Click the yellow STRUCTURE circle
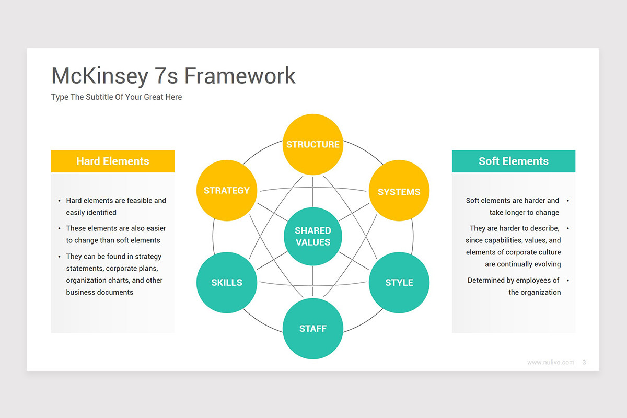pyautogui.click(x=312, y=144)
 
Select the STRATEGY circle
pyautogui.click(x=226, y=190)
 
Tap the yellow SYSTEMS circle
pyautogui.click(x=399, y=192)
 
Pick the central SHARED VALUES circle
pyautogui.click(x=312, y=236)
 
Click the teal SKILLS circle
pyautogui.click(x=226, y=282)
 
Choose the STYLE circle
pyautogui.click(x=399, y=282)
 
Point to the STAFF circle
pyautogui.click(x=312, y=329)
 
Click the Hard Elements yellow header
pyautogui.click(x=112, y=161)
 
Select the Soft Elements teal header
pyautogui.click(x=513, y=161)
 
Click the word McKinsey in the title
pyautogui.click(x=99, y=76)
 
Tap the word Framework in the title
pyautogui.click(x=240, y=76)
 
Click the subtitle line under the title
pyautogui.click(x=117, y=97)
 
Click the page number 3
pyautogui.click(x=584, y=362)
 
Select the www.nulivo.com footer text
pyautogui.click(x=550, y=362)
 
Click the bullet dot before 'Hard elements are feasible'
pyautogui.click(x=59, y=201)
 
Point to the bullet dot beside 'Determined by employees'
pyautogui.click(x=567, y=281)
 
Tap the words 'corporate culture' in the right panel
pyautogui.click(x=533, y=252)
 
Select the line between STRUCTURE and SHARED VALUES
pyautogui.click(x=312, y=191)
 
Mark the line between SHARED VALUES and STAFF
pyautogui.click(x=312, y=282)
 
